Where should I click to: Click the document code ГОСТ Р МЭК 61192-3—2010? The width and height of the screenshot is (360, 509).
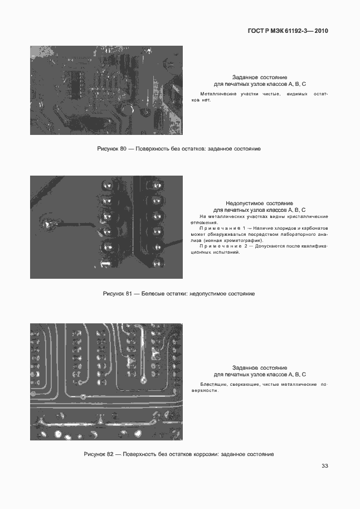click(288, 31)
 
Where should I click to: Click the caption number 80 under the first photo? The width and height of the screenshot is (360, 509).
click(124, 149)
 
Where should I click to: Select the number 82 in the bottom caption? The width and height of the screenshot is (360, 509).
click(110, 454)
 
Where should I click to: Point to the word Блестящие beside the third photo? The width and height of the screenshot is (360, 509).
click(212, 385)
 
